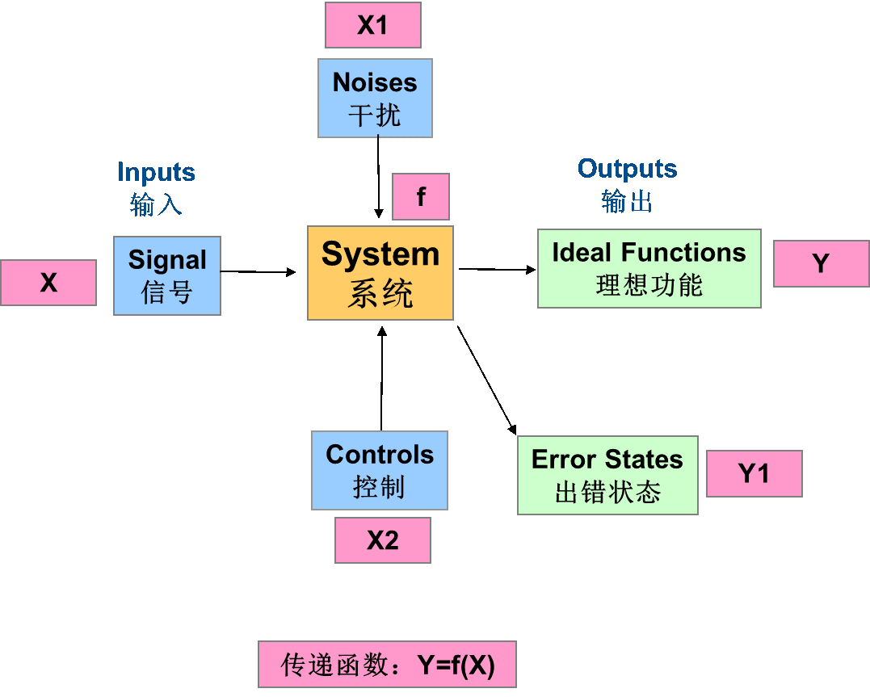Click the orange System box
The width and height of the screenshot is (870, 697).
380,273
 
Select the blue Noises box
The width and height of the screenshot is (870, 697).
375,98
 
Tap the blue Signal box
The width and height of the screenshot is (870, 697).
167,275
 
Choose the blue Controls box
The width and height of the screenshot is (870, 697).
380,470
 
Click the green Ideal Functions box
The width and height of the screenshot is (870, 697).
649,268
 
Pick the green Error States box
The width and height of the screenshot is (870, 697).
607,475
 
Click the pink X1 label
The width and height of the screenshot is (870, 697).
372,25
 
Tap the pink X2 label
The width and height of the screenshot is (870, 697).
383,540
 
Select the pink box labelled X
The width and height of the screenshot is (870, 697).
48,283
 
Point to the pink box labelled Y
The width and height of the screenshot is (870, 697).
821,263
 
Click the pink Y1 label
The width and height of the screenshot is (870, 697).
754,473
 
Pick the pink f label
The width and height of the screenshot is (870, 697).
420,197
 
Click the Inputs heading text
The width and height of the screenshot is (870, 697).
156,172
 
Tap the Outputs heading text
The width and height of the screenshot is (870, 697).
627,169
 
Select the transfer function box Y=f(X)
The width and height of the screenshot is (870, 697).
387,665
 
